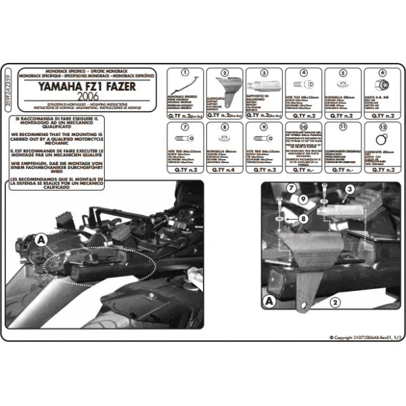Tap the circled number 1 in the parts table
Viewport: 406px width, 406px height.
[184, 72]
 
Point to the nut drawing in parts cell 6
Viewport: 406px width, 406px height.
[382, 87]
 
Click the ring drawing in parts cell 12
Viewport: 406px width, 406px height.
[382, 141]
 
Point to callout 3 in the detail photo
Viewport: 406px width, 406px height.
[350, 192]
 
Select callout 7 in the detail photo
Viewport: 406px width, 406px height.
[288, 187]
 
